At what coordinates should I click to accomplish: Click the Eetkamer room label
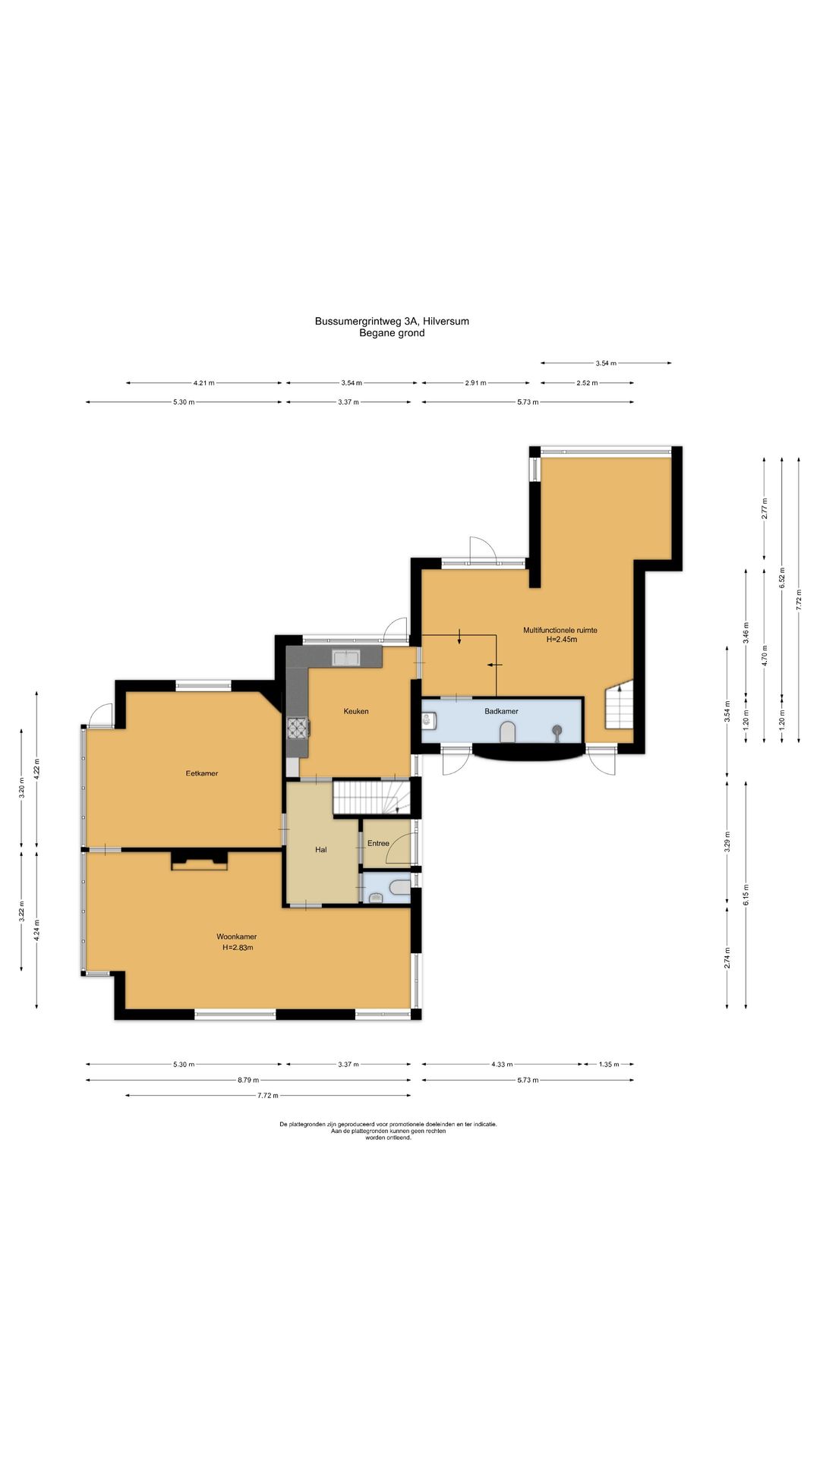click(202, 773)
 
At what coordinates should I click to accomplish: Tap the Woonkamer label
click(237, 936)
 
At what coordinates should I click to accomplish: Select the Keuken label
click(356, 711)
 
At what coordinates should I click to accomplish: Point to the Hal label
click(321, 850)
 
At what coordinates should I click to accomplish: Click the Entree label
click(378, 843)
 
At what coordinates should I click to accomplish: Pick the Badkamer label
click(502, 711)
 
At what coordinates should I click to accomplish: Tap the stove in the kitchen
click(298, 728)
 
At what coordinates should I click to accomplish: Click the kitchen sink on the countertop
click(345, 657)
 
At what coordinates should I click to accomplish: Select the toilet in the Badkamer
click(508, 732)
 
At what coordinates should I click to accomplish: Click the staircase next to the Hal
click(371, 798)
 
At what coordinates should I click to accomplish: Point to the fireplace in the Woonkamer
click(200, 860)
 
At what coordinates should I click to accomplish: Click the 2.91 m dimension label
click(475, 382)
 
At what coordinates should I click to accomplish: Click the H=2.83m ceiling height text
click(238, 947)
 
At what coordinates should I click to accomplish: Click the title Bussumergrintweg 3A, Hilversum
click(392, 321)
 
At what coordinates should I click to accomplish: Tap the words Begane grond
click(392, 332)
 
